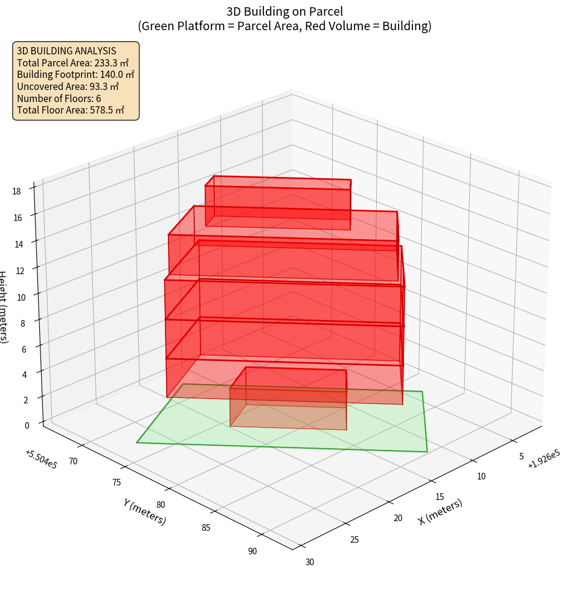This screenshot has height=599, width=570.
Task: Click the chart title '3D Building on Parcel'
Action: tap(284, 11)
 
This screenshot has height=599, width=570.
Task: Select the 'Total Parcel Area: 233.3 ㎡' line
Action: tap(73, 63)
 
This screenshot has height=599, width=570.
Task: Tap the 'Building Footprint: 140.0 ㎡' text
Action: tap(75, 74)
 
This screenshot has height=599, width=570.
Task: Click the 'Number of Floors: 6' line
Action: tap(59, 98)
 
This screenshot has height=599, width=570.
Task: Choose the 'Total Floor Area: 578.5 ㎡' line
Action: tap(71, 111)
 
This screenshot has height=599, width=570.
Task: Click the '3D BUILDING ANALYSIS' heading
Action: tap(66, 51)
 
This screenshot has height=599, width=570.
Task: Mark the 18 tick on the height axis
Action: tap(16, 191)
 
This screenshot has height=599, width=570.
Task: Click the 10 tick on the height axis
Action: tap(21, 297)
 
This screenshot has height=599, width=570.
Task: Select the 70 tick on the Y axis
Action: tap(73, 461)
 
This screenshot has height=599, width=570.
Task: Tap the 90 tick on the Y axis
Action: tap(252, 551)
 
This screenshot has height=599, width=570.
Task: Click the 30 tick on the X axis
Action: tap(310, 562)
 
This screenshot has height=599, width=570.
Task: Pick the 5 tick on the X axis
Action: tap(521, 456)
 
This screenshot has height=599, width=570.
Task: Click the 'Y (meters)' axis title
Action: tap(144, 511)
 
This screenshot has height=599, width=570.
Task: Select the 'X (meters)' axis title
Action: tap(440, 512)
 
